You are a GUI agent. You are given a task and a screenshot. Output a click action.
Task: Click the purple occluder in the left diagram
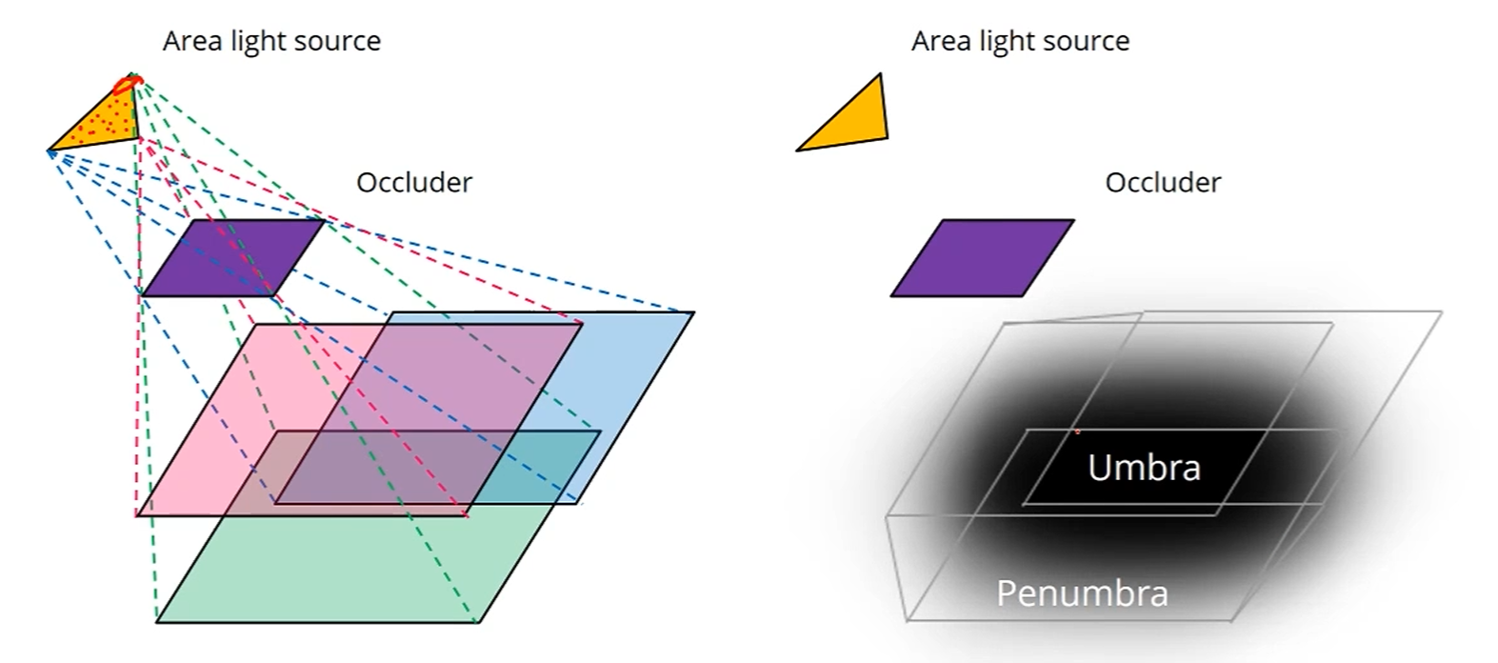click(x=232, y=257)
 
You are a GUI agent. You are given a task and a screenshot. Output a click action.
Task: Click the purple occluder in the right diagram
click(x=982, y=257)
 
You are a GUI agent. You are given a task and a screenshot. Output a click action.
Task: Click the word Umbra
click(x=1144, y=468)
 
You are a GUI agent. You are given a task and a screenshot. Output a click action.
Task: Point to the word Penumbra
click(x=1082, y=593)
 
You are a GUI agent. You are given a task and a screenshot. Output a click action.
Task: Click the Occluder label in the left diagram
click(x=413, y=182)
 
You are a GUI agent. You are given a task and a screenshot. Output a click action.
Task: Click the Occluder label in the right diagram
click(x=1163, y=182)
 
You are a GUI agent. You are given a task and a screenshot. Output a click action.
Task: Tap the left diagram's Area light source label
click(x=271, y=41)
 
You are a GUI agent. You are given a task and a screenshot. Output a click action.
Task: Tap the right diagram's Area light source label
click(x=1020, y=41)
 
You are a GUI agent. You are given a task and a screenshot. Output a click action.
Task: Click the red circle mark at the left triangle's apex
click(x=126, y=86)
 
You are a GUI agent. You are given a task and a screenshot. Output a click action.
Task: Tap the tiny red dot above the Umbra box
click(x=1077, y=432)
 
